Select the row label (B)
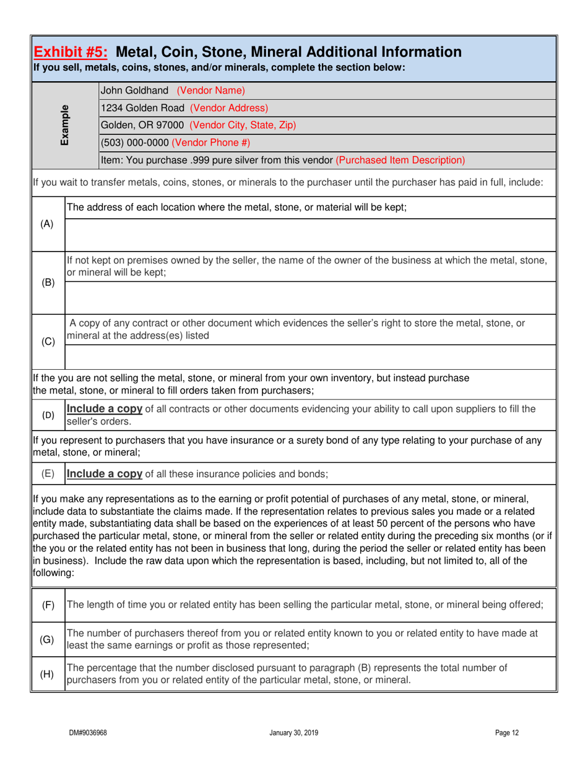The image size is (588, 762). [x=46, y=282]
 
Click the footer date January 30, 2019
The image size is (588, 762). [x=294, y=733]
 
